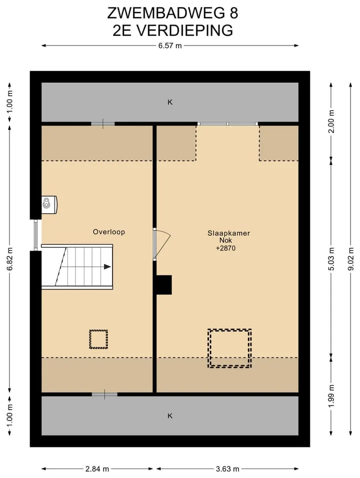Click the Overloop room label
108,232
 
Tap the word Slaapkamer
228,233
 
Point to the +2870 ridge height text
225,248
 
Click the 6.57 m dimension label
170,46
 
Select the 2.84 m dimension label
97,468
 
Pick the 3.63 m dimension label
227,468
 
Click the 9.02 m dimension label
351,259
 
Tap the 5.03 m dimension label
331,259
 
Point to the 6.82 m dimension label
9,258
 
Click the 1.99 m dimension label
331,396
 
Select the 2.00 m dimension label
331,121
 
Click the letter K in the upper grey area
170,102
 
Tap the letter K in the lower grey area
170,415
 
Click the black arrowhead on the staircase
107,267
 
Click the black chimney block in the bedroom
164,285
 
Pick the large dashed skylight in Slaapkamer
229,329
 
